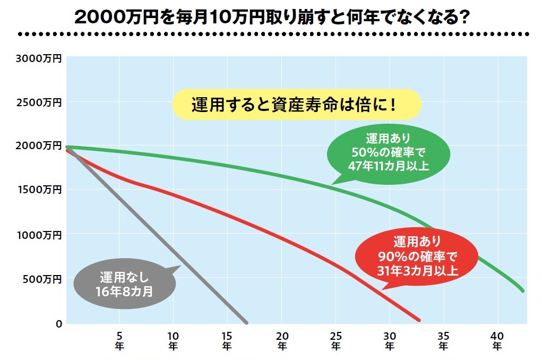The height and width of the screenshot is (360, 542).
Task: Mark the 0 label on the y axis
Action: coord(58,323)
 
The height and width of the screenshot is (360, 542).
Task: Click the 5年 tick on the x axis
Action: coord(119,340)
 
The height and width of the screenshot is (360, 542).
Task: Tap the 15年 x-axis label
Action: coord(227,340)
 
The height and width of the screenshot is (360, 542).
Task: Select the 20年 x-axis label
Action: coord(282,340)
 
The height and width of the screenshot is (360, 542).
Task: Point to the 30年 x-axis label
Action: coord(390,340)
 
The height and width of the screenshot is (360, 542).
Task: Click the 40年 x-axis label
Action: coord(497,340)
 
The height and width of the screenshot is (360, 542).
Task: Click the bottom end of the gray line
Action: coord(246,321)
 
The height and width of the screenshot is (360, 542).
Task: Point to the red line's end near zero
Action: coord(418,320)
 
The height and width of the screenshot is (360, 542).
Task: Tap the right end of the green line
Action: coord(522,290)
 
